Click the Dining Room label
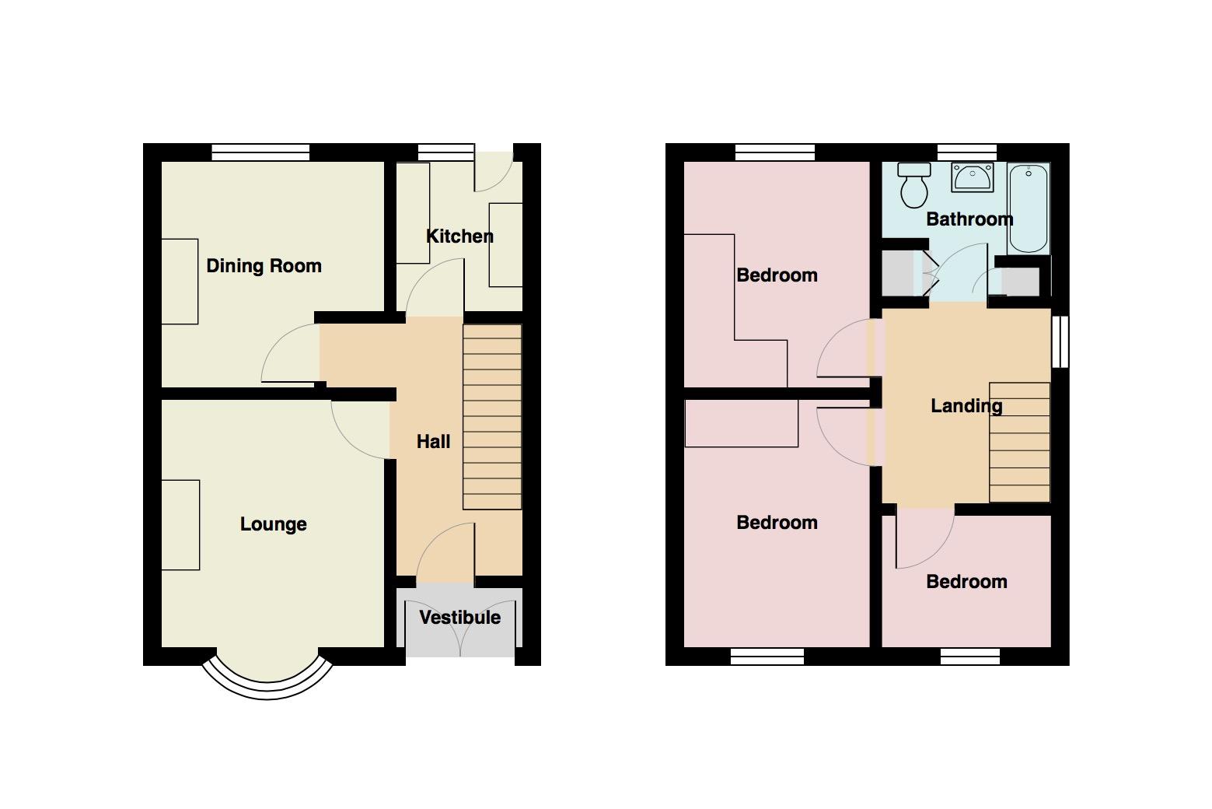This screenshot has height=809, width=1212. (264, 266)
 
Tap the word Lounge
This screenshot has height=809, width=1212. (273, 524)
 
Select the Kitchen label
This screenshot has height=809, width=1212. (459, 236)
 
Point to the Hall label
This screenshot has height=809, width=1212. (433, 441)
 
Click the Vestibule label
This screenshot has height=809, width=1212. (460, 618)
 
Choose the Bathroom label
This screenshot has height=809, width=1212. (969, 219)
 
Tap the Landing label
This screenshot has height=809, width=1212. (966, 405)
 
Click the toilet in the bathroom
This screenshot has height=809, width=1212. (914, 184)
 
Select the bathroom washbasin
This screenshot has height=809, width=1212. (973, 177)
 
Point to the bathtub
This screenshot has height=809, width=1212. (1029, 208)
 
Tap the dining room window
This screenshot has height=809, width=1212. (260, 152)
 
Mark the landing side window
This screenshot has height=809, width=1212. (1060, 342)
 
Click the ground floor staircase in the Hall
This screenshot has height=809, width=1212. (492, 416)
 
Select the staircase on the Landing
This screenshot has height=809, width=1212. (1019, 443)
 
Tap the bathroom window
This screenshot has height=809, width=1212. (967, 152)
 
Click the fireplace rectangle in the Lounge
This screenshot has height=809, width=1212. (180, 525)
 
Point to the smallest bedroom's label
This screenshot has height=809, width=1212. (966, 582)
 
